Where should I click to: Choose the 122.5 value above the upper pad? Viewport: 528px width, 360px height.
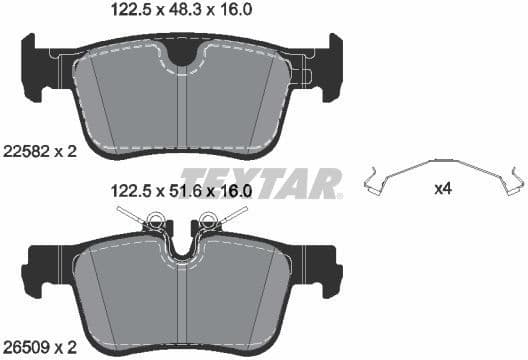pos(130,10)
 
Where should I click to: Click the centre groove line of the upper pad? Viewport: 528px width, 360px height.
pos(180,110)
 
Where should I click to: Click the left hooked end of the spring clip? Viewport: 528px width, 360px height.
pos(371,184)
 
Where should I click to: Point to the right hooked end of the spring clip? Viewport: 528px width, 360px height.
pos(515,183)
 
